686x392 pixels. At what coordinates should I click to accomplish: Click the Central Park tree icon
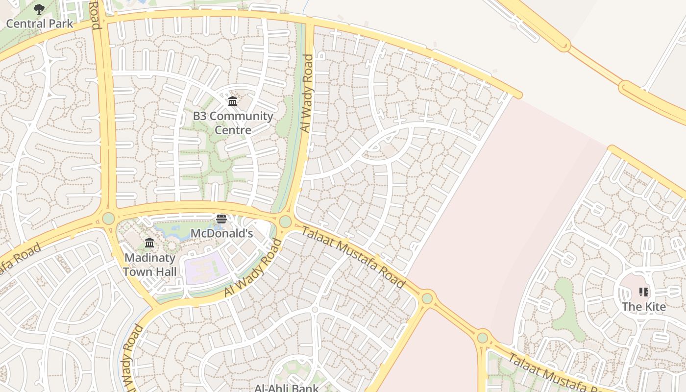pos(39,9)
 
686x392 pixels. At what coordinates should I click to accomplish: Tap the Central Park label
pos(39,24)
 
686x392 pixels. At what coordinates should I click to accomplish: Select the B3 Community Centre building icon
pos(233,101)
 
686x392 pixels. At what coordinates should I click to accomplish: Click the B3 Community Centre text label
pos(233,123)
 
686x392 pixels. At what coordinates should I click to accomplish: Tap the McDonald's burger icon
pos(221,219)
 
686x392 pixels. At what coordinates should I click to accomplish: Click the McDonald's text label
pos(221,233)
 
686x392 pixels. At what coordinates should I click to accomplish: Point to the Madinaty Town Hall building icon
pos(149,243)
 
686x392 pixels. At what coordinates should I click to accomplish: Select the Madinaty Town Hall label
pos(149,264)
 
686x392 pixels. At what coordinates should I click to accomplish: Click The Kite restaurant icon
pos(644,293)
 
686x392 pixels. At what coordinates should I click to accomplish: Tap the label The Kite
pos(644,307)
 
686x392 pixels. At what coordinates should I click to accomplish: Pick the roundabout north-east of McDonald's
pos(285,222)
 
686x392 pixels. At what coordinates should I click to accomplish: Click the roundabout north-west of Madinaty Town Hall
pos(108,218)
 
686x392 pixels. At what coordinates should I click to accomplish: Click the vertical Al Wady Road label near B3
pos(306,93)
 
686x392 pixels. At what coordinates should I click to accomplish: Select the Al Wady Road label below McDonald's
pos(253,268)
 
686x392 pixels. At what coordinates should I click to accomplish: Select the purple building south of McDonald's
pos(206,268)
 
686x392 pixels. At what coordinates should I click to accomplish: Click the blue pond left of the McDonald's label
pos(171,229)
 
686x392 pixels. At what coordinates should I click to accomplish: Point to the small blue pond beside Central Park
pos(142,2)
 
